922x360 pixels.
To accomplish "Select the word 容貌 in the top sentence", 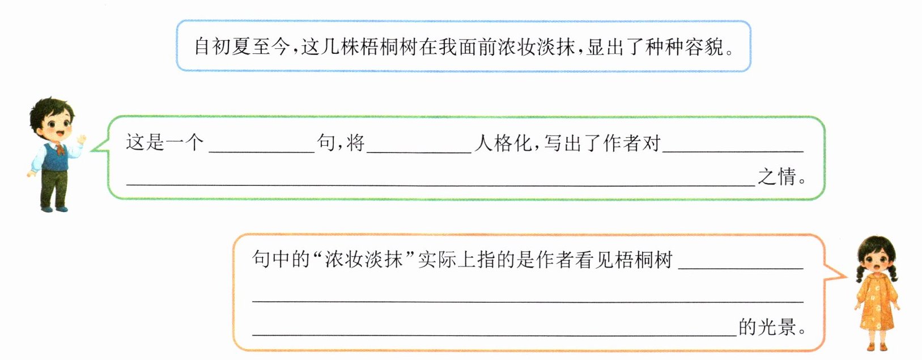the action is (704, 47).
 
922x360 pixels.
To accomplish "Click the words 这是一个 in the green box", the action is (164, 142).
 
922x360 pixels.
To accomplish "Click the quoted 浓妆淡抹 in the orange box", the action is (364, 260).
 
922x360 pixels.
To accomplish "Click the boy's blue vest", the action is (55, 156).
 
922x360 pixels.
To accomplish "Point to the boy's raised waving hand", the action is (81, 139).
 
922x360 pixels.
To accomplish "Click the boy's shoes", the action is (54, 208).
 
